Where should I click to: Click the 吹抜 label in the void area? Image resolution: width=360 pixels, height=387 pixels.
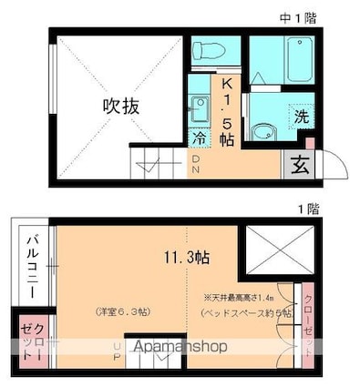[x=119, y=107]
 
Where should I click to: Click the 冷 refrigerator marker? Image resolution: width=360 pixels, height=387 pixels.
[x=199, y=137]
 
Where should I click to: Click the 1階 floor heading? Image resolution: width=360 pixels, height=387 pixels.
[x=308, y=209]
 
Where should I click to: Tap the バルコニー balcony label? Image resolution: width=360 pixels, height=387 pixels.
[x=30, y=265]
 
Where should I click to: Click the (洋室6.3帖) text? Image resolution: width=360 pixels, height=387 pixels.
[x=121, y=312]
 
